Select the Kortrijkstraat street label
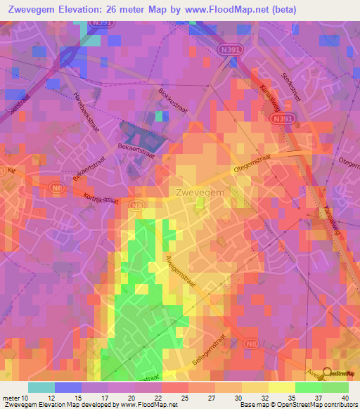101,199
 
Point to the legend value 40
344,398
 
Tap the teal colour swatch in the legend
41,387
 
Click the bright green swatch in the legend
309,387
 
